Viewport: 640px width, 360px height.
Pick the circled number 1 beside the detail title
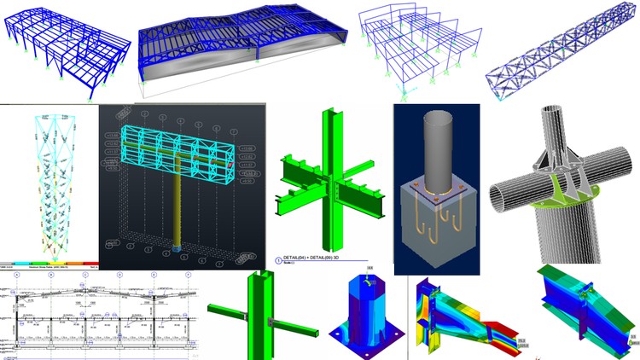coord(278,260)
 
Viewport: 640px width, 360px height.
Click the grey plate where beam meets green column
coord(271,322)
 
